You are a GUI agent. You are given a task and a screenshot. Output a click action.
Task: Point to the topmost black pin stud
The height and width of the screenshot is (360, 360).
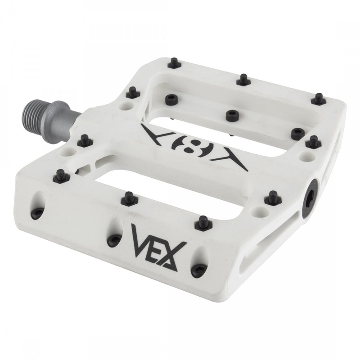[x=174, y=64]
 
